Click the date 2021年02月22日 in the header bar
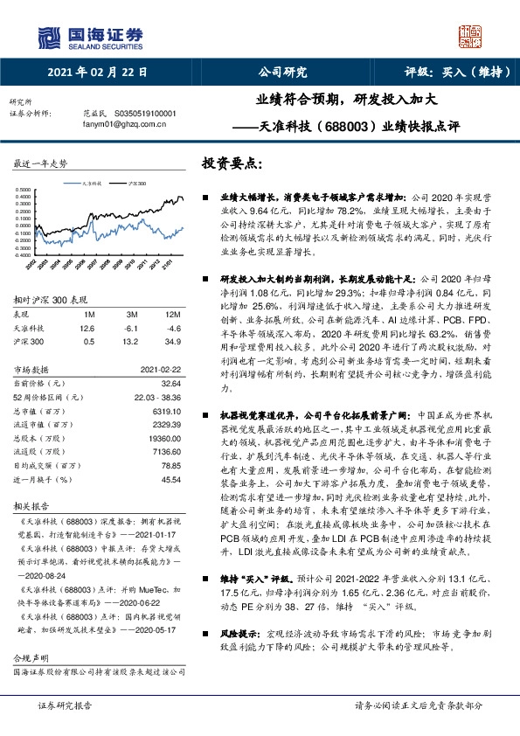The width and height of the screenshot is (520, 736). [97, 73]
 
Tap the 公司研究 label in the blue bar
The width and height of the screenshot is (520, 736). [282, 73]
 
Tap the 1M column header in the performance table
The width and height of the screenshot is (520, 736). [87, 314]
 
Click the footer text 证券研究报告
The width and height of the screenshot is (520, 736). [66, 705]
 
